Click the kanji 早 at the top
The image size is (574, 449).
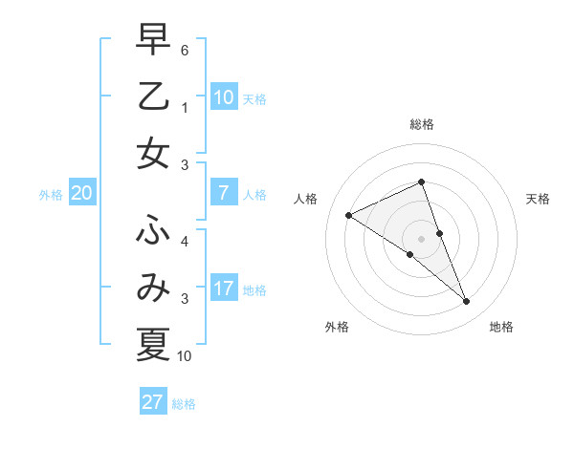153,40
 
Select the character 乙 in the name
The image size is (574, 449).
153,97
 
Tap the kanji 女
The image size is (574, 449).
153,155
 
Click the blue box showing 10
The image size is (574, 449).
224,96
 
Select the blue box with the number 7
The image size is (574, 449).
224,193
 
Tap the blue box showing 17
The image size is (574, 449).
224,289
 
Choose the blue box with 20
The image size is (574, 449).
82,193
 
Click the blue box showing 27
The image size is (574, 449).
153,401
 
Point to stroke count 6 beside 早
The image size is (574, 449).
185,49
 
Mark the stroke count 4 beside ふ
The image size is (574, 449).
185,241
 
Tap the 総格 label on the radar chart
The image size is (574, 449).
422,124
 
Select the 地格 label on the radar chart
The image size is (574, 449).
501,327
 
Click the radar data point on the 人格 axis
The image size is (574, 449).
349,215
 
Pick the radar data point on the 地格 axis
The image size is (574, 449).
467,302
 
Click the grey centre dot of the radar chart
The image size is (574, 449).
422,238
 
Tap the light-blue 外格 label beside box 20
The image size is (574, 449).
51,195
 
